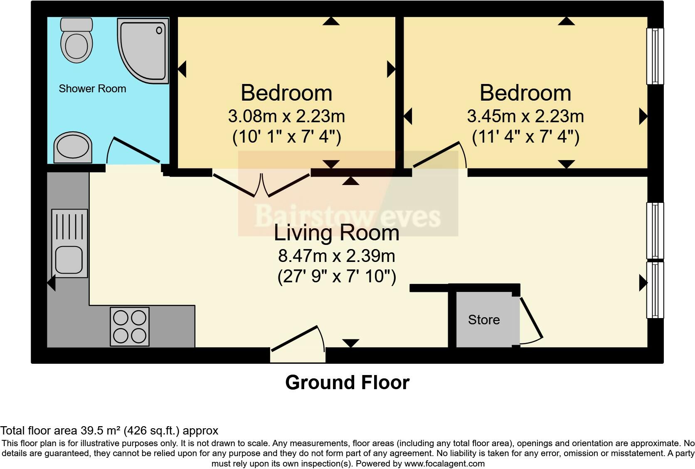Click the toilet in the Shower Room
coord(76,40)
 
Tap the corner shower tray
coord(143,49)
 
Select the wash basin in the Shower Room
coord(73,148)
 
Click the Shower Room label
coord(92,89)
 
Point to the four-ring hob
coord(130,326)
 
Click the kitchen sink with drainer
coord(69,243)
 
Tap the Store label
coord(484,320)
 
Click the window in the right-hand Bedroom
coord(655,56)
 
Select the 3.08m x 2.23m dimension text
coord(286,116)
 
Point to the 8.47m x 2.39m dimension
coord(336,256)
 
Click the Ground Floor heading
coord(347,383)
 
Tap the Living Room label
coord(336,233)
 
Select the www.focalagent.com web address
coord(444,464)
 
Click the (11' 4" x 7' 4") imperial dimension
coord(525,136)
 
